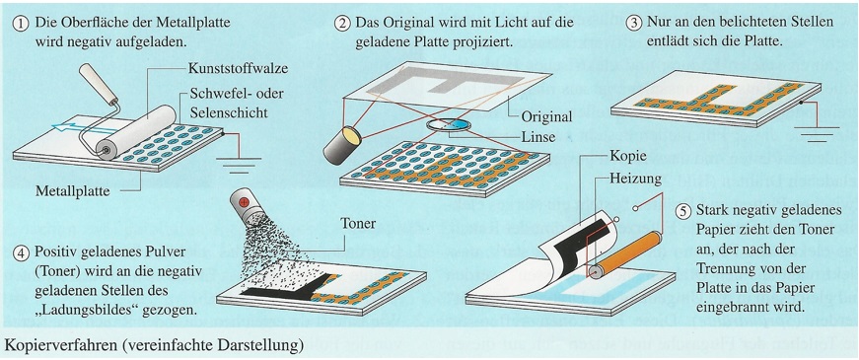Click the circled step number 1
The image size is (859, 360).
[21, 24]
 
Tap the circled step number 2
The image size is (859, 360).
[343, 24]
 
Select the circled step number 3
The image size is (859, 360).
[634, 24]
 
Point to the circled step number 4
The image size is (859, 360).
[21, 254]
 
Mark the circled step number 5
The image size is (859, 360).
[683, 211]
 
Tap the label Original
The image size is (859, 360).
[546, 116]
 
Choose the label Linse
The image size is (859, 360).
[537, 137]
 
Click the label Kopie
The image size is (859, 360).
[628, 157]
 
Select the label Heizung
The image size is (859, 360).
[635, 179]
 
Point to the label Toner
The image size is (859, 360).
[358, 224]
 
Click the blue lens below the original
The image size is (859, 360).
[449, 125]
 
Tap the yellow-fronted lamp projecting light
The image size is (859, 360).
[343, 145]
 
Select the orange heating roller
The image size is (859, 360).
[623, 255]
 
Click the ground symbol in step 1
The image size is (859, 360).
[239, 161]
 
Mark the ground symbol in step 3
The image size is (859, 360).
[817, 134]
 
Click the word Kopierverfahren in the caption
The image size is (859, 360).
[58, 346]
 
